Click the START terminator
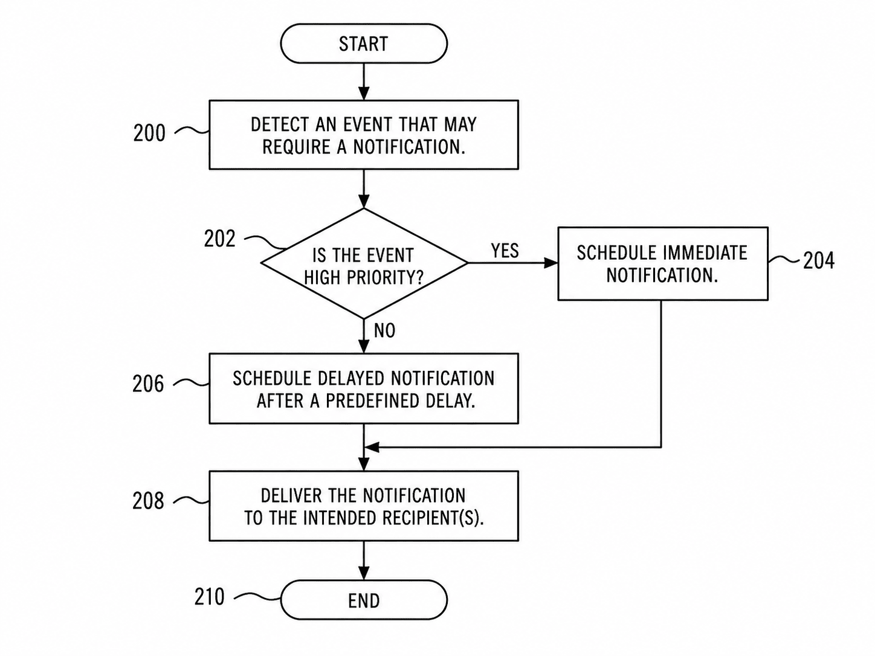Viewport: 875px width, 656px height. pos(364,43)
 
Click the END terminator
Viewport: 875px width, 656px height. pos(364,600)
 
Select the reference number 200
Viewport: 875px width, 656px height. pos(149,133)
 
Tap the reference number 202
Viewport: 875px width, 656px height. pos(219,239)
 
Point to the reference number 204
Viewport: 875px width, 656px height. pos(819,261)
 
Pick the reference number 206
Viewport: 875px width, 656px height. pos(148,384)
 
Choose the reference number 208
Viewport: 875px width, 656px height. pos(148,501)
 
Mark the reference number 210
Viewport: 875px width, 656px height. pos(209,597)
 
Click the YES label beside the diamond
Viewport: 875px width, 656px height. pos(505,251)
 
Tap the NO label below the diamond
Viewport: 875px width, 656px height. pos(385,330)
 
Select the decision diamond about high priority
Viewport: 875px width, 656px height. pos(364,263)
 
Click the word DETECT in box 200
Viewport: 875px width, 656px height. pos(280,124)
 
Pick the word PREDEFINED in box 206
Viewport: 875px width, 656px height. pos(371,401)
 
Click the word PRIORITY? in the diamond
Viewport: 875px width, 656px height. pos(385,278)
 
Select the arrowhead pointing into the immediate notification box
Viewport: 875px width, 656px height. pos(551,263)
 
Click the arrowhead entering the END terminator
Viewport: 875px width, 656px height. pos(364,573)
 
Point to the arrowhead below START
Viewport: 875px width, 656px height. pos(364,93)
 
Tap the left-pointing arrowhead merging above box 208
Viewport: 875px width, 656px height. pos(372,447)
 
